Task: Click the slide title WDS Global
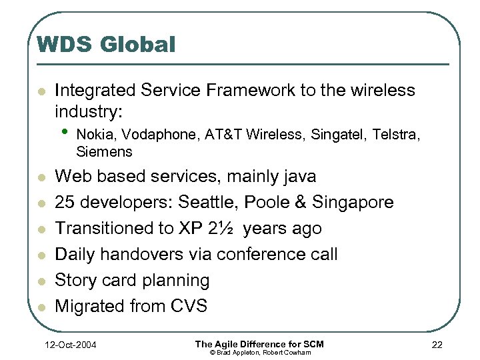[106, 45]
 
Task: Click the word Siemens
[104, 152]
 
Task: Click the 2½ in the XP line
[223, 229]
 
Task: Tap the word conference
[261, 255]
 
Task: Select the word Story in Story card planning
[74, 281]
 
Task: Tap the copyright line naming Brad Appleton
[259, 352]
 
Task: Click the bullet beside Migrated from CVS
[41, 307]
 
